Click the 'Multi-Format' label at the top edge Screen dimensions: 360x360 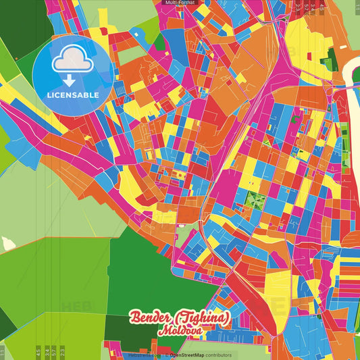(180, 3)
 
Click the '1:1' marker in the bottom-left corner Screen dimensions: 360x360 (3, 352)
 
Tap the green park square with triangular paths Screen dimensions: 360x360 (255, 201)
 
